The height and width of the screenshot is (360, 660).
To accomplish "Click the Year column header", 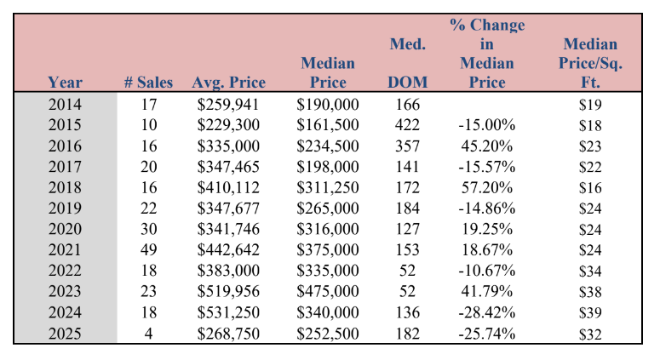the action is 65,82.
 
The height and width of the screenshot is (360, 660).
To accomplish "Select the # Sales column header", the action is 148,82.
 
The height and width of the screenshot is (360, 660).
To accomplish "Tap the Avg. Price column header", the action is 228,83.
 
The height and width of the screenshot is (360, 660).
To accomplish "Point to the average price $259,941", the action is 228,105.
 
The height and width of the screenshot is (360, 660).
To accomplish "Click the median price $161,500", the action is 328,125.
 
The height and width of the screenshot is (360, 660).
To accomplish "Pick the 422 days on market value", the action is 407,125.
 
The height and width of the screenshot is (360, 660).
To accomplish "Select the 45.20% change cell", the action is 486,146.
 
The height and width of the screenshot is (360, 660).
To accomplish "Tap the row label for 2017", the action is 65,167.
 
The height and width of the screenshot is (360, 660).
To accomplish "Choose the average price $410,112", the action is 228,187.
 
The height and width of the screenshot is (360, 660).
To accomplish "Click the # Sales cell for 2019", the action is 148,209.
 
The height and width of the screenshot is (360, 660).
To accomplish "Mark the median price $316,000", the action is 328,229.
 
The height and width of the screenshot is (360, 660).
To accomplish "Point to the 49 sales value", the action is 148,250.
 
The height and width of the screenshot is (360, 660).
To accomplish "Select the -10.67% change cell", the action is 486,271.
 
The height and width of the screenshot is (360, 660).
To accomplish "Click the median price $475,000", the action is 328,291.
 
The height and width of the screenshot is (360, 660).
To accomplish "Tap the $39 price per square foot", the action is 590,312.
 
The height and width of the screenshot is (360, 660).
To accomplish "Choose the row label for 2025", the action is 65,334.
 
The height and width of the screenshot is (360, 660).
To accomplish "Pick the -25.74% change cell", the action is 486,334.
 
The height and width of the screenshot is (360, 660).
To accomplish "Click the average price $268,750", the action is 228,334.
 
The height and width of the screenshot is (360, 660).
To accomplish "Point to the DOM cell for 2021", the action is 407,250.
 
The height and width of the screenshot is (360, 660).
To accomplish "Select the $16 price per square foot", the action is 590,187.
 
